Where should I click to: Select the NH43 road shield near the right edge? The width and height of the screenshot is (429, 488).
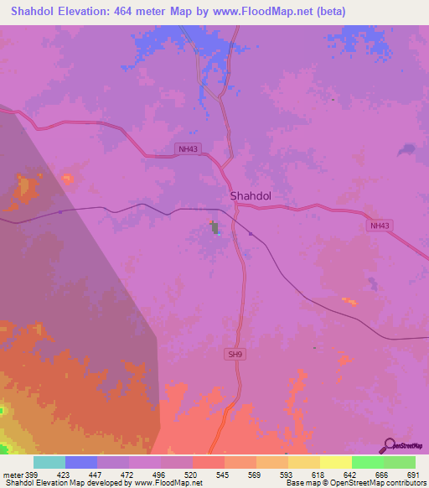tap(380, 226)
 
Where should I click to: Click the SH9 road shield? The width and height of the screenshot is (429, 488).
tap(235, 355)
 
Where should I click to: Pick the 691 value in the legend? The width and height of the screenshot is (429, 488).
tap(411, 475)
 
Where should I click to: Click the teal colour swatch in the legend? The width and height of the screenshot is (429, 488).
tap(49, 462)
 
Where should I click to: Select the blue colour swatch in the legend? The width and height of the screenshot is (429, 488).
tap(81, 462)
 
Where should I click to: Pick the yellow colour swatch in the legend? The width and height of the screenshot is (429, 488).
tap(336, 462)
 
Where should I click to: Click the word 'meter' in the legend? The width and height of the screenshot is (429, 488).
tap(11, 475)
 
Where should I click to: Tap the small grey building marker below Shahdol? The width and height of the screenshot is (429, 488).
tap(214, 226)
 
